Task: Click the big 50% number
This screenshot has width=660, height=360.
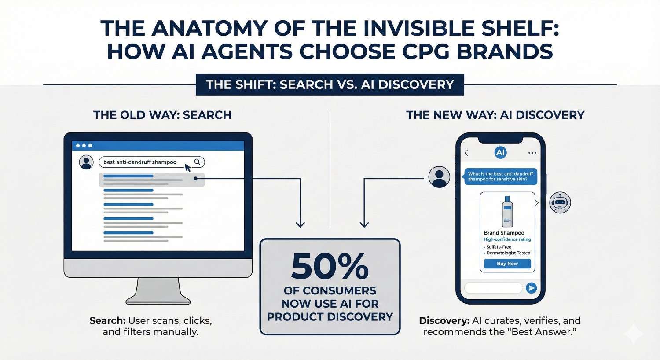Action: (330, 266)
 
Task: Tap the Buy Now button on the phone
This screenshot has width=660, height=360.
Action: (507, 264)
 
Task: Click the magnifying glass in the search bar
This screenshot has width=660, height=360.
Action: (197, 162)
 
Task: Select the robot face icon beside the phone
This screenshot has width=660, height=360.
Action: (560, 203)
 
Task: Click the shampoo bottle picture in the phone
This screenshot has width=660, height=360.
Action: (507, 212)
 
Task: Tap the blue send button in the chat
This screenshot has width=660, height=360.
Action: (532, 288)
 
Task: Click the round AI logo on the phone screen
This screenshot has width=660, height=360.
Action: (500, 153)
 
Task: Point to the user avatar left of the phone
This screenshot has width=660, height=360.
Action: (439, 177)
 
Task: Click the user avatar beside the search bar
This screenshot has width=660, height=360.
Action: (86, 162)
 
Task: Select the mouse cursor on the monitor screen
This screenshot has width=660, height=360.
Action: (188, 168)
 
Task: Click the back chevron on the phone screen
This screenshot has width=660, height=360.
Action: (466, 153)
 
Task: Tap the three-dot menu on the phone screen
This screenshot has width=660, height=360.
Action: (532, 153)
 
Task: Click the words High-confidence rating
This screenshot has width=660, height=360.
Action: (507, 239)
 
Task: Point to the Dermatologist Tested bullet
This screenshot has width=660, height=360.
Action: (508, 253)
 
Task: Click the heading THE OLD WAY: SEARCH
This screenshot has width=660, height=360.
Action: (162, 115)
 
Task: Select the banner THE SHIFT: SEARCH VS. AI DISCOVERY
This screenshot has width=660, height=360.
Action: (330, 84)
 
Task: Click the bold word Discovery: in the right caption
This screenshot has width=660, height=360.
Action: (444, 321)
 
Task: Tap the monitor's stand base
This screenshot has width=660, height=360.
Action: (158, 300)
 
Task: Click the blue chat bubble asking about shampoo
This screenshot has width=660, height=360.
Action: (500, 176)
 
